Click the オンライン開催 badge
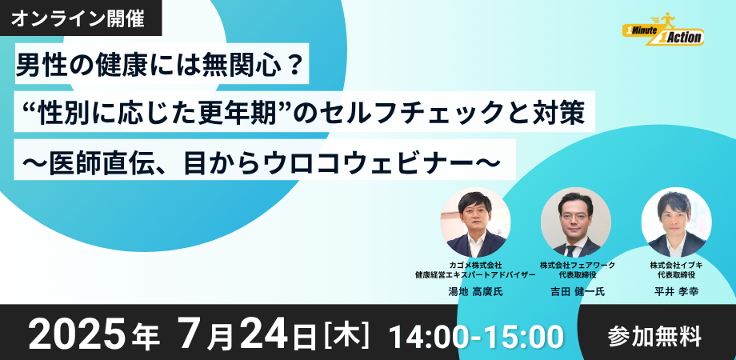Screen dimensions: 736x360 pos(81,18)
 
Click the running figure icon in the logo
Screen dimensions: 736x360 pos(667,20)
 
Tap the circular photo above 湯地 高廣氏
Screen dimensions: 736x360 pos(475,222)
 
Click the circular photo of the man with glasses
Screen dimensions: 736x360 pos(575,222)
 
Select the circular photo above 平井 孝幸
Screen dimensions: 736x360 pos(676,222)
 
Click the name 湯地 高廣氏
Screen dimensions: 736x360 pos(475,291)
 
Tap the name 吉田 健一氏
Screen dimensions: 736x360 pos(578,291)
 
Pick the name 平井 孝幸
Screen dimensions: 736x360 pos(676,291)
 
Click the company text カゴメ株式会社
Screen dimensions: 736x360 pos(475,265)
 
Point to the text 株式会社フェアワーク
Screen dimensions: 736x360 pos(578,265)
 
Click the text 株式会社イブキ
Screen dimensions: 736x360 pos(676,265)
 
